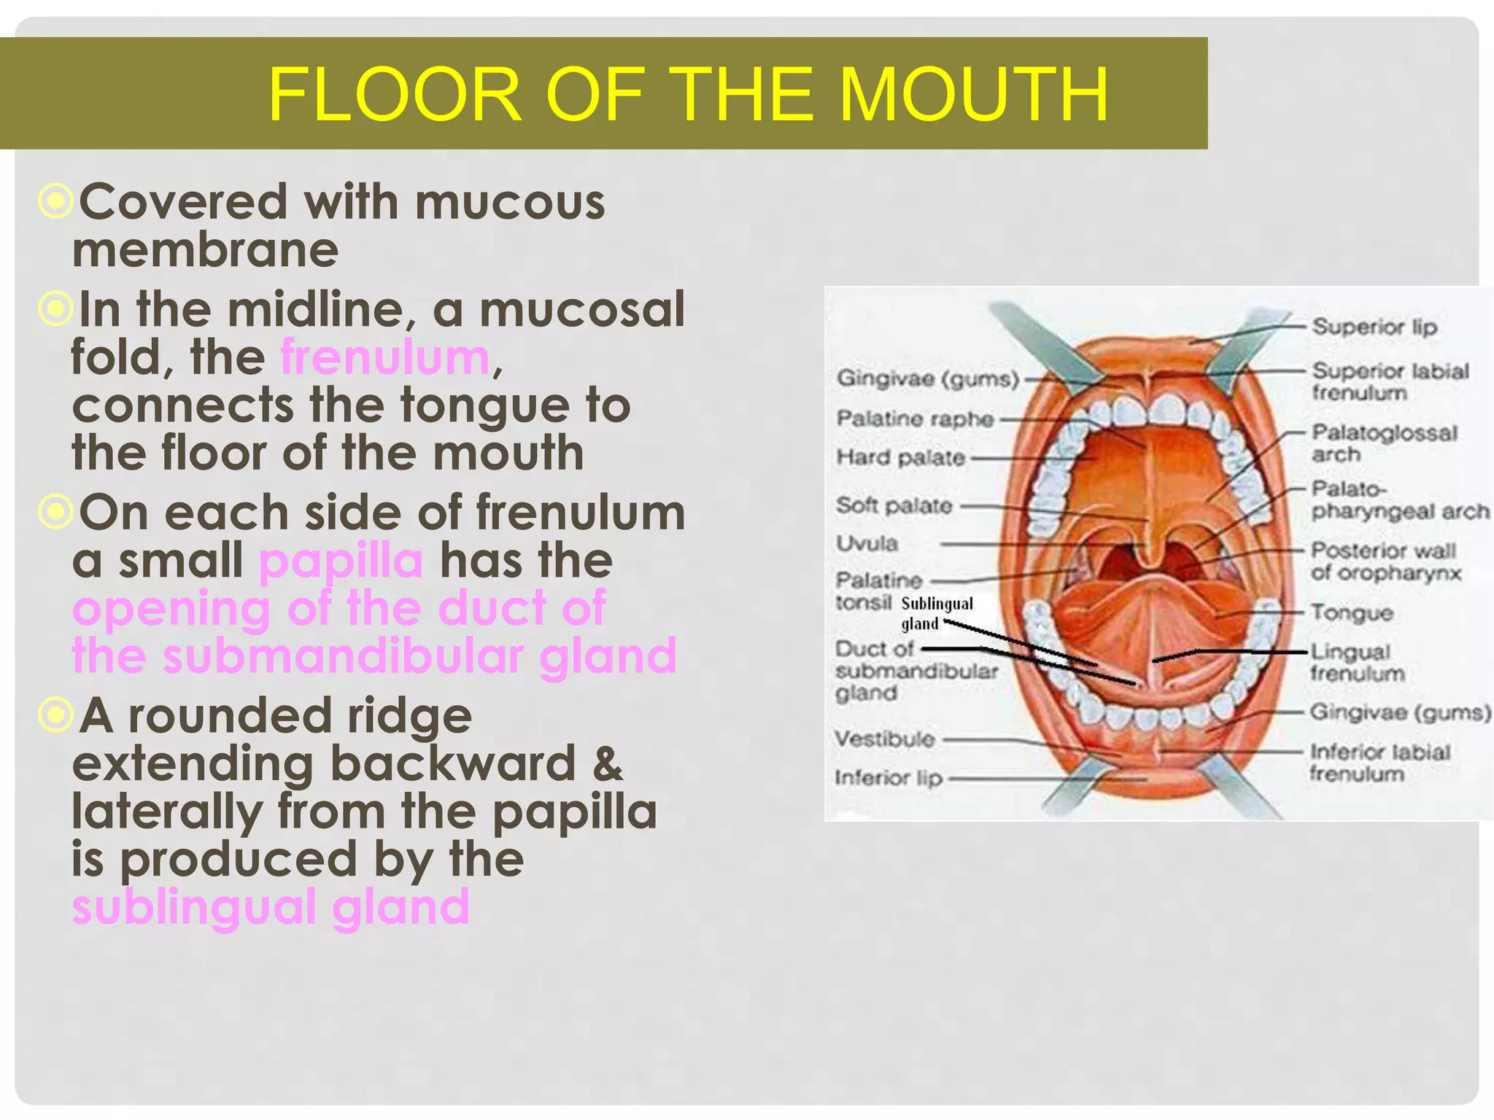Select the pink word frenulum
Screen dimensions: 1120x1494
point(384,357)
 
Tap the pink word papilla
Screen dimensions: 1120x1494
point(341,561)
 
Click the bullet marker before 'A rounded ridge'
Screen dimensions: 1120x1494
point(55,715)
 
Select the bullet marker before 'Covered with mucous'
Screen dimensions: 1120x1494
point(55,201)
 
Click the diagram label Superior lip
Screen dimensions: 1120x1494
point(1374,327)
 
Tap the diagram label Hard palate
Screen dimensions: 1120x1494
point(900,458)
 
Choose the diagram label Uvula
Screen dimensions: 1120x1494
point(867,543)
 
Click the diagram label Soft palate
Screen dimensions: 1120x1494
point(894,505)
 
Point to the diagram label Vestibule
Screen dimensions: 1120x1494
point(884,739)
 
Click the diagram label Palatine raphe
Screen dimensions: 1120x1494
point(915,419)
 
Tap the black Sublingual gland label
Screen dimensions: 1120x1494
point(936,613)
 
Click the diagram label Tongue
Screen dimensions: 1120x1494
point(1352,612)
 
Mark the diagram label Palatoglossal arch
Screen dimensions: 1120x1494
point(1383,443)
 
